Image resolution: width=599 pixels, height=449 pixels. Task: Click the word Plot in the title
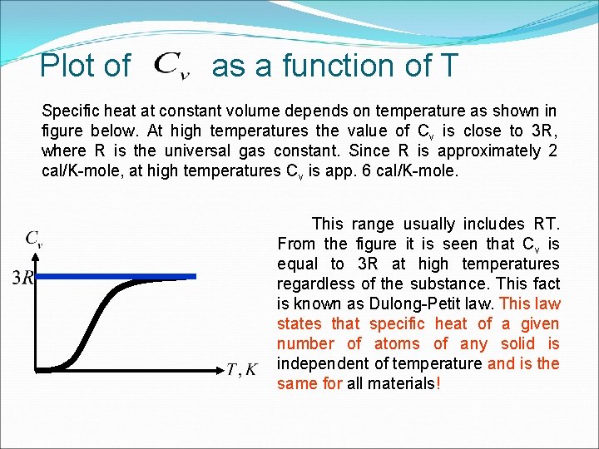[85, 66]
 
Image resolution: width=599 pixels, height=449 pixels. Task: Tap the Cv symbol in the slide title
[172, 65]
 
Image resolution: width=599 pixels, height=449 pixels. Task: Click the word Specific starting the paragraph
[71, 111]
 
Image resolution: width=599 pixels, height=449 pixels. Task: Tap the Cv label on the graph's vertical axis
[34, 239]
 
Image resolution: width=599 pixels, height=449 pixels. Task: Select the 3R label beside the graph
[22, 277]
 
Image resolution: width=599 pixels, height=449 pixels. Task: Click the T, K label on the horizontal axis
[242, 369]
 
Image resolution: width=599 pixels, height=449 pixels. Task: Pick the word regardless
[314, 284]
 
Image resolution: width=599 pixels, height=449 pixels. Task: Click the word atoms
[398, 343]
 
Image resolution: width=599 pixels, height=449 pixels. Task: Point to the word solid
[518, 343]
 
